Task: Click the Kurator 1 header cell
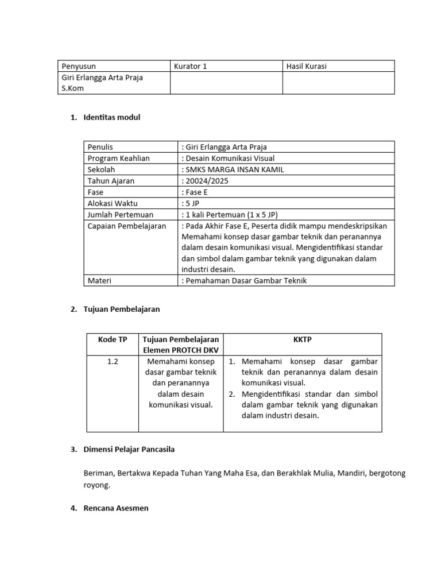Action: coord(190,66)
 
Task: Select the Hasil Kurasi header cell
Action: coord(307,66)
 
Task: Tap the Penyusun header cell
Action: coord(79,66)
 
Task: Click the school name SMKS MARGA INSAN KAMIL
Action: coord(232,169)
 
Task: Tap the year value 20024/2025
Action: coord(204,181)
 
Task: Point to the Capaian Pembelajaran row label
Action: coord(126,226)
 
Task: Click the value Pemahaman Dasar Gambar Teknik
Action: coord(244,280)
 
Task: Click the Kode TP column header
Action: coord(113,339)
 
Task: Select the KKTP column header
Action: coord(302,339)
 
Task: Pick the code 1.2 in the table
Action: coord(113,362)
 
